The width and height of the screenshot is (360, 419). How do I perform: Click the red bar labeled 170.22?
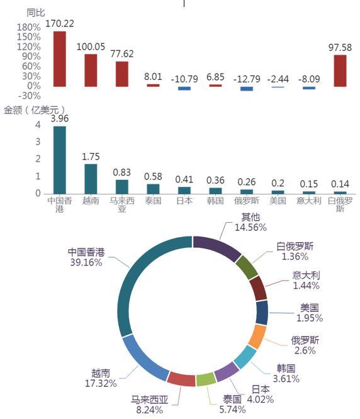pos(60,59)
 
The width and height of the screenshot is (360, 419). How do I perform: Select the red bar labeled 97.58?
pos(340,71)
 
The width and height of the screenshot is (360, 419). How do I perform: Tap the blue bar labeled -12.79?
pos(247,89)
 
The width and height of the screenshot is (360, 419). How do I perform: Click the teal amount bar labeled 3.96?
pos(60,160)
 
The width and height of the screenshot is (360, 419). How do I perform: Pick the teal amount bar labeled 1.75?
pos(91,179)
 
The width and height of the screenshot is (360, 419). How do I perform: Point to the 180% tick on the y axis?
pos(29,27)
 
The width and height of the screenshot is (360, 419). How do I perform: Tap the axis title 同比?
pos(36,13)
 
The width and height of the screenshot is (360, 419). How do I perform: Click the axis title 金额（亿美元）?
pos(34,110)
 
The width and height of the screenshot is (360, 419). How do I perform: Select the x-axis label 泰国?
pos(153,201)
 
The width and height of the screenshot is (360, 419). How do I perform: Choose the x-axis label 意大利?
pos(308,201)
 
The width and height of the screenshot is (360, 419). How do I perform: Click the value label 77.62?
pos(122,53)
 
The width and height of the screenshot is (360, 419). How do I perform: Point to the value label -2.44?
pos(278,79)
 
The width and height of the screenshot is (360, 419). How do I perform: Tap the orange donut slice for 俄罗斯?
pos(257,337)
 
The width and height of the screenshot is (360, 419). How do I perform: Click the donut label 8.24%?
pos(150,410)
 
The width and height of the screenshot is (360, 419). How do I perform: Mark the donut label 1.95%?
pos(310,318)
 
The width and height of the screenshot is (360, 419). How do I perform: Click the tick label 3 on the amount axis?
pos(38,142)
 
